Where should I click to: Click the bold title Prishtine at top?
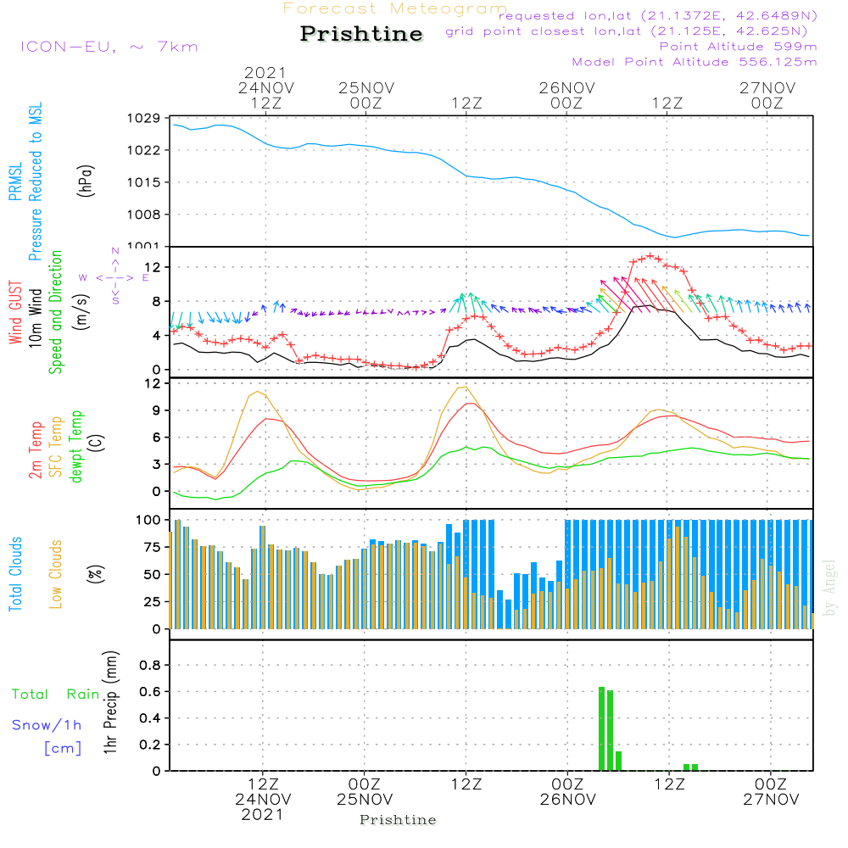pos(361,34)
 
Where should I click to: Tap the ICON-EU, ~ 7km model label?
pos(109,47)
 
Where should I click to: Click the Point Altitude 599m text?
pos(738,47)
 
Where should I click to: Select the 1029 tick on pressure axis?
pos(144,118)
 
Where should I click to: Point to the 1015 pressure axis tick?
pos(144,182)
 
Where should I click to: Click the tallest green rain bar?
pos(601,728)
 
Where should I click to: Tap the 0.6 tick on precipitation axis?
pos(150,691)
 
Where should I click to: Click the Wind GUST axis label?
pos(15,313)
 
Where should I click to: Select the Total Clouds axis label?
pos(15,574)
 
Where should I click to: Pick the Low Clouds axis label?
pos(56,574)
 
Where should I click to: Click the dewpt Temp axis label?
pos(75,446)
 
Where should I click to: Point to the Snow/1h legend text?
pos(47,725)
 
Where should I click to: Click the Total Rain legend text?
pos(56,694)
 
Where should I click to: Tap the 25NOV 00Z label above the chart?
pos(366,95)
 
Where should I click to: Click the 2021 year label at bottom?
pos(262,814)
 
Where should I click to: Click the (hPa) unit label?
pos(86,181)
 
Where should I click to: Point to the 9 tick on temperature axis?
pos(157,410)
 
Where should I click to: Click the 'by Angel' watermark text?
pos(828,588)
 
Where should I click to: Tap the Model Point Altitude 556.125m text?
pos(695,62)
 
